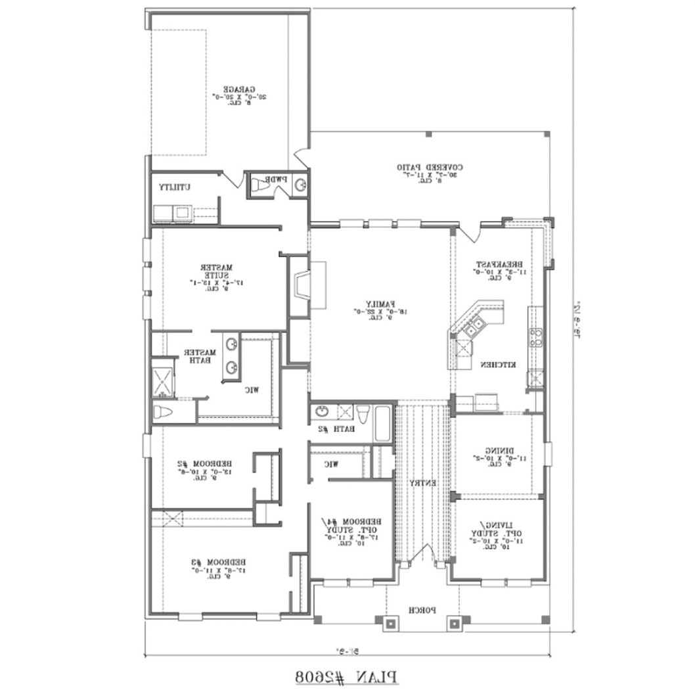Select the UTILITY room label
click(175, 187)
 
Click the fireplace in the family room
click(303, 285)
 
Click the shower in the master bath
click(164, 379)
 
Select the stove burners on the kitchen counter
click(536, 337)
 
